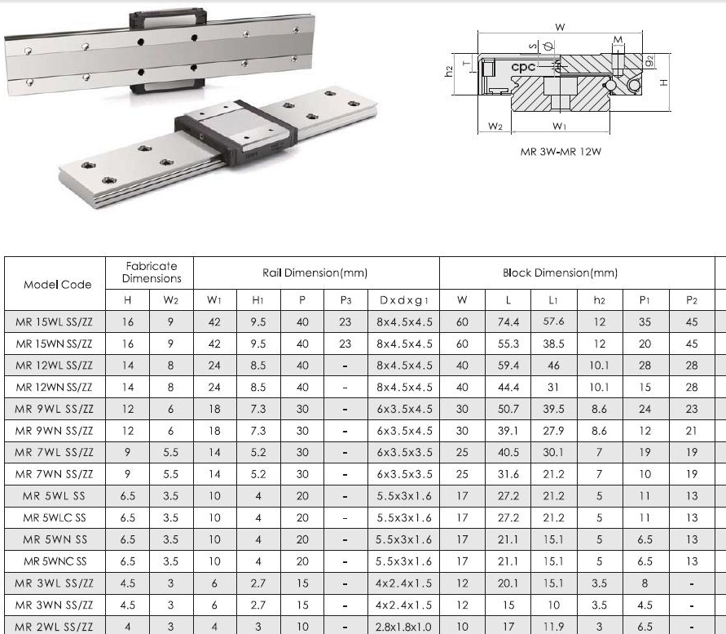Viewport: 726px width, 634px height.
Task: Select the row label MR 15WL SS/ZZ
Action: pos(54,322)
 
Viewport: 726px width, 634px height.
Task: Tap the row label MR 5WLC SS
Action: pos(54,517)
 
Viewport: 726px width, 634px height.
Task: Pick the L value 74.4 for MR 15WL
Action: pos(508,322)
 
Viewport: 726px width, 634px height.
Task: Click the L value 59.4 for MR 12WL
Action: pos(508,366)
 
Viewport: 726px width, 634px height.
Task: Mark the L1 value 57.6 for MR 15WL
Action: pos(554,322)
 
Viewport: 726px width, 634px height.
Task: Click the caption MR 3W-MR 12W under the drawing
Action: pos(560,152)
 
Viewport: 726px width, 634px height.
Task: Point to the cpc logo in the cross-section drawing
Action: pos(523,67)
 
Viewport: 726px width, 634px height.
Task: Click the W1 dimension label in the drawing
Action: pos(560,126)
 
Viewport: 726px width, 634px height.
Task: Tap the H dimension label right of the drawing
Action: pos(664,82)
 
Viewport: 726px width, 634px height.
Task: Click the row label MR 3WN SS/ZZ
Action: pos(54,604)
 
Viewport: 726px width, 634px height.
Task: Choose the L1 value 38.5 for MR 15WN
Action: pos(554,344)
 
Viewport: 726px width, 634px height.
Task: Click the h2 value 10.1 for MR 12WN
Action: pos(599,388)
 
